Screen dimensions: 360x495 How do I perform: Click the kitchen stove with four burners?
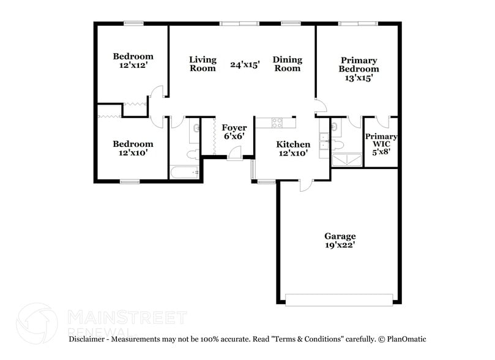coord(277,122)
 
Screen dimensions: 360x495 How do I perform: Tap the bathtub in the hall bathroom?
coord(184,171)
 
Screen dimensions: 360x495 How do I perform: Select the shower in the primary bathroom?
coord(346,160)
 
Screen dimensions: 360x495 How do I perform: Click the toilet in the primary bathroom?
coord(337,144)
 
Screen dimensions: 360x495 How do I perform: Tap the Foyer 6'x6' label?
coord(234,132)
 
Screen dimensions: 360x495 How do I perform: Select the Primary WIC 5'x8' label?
coord(381,143)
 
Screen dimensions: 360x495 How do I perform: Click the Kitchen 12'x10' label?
coord(292,149)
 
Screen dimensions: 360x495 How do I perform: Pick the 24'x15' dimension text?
coord(245,64)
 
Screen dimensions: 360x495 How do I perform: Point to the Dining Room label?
coord(287,64)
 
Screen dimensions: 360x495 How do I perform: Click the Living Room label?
coord(203,64)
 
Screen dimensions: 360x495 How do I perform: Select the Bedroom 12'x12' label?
coord(133,61)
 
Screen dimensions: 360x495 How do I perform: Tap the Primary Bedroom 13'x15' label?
coord(359,69)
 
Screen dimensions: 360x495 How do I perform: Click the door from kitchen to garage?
coord(304,184)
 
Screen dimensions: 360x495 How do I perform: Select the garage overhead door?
coord(339,300)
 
